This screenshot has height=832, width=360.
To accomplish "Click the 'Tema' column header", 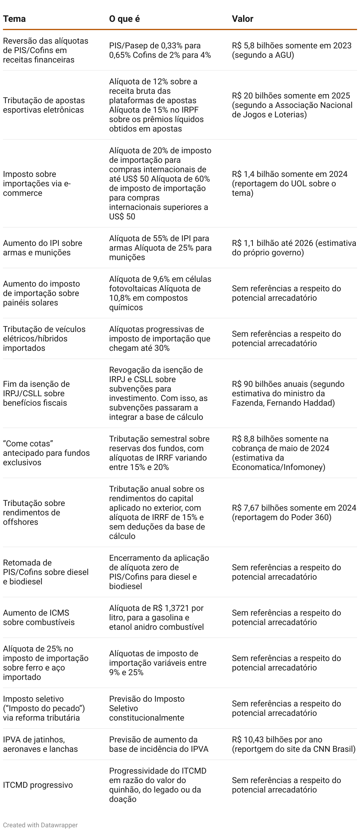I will click(14, 19).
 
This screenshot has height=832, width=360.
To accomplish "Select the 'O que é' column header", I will click(125, 19).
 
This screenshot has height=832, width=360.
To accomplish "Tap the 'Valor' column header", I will click(242, 19).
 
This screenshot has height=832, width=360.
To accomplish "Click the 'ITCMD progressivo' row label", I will click(38, 785).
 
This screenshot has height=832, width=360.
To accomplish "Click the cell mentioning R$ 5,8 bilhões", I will click(291, 50).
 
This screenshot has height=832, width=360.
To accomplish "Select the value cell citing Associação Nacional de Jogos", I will click(292, 105).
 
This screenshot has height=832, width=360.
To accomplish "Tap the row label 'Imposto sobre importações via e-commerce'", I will click(37, 183).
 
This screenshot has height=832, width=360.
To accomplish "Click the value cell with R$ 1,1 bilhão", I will click(293, 248).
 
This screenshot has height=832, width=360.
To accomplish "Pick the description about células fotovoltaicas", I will click(160, 293).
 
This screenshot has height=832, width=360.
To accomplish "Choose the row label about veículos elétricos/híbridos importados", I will click(44, 338).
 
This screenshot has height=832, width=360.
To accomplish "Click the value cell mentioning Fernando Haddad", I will click(288, 393).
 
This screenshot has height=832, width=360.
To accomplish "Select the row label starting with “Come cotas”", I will click(46, 453).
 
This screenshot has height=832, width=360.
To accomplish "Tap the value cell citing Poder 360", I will click(293, 513).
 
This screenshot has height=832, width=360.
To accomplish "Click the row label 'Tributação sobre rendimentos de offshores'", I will click(34, 513).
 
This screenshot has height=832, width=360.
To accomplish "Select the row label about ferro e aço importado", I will click(45, 663).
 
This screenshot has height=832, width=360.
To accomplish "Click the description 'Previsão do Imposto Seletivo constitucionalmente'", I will click(147, 708).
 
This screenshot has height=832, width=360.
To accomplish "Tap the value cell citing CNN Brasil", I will click(293, 744).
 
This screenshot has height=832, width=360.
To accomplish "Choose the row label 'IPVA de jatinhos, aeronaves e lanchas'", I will click(40, 744).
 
